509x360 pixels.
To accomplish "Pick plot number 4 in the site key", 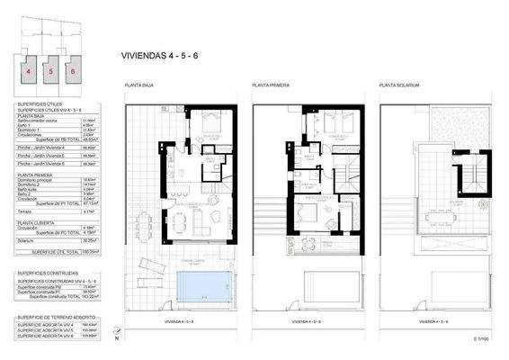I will click(x=29, y=69).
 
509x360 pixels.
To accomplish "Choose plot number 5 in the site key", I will click(x=50, y=69).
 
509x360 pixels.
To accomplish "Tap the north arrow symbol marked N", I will click(x=116, y=337).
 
